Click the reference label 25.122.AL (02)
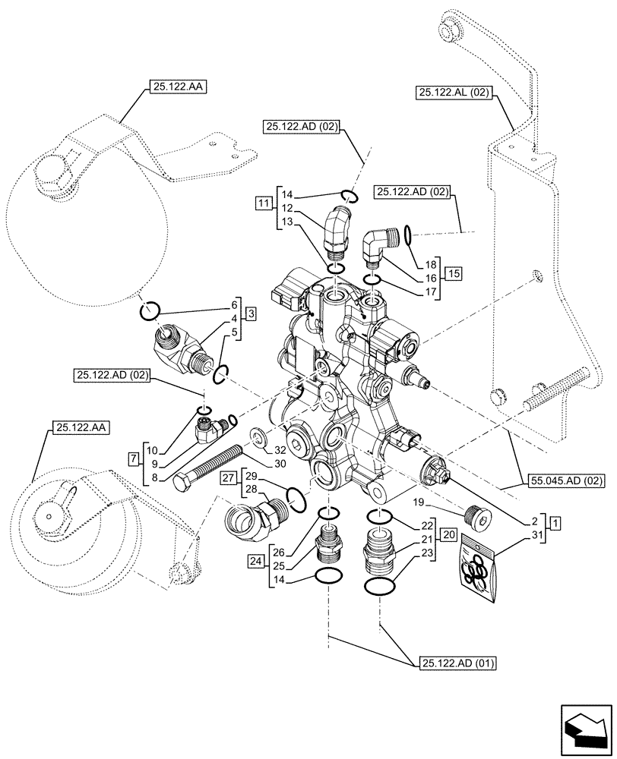[454, 93]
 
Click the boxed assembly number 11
[263, 203]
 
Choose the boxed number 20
[448, 535]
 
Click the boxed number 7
[134, 458]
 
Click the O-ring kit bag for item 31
[478, 570]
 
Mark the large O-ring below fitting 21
[379, 587]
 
